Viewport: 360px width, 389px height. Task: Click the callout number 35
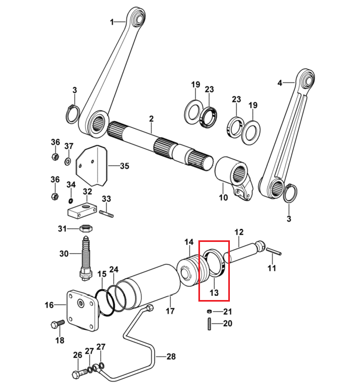tap(125, 166)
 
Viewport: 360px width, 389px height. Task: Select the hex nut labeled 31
tap(86, 228)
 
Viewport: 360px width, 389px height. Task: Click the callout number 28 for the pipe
tap(171, 356)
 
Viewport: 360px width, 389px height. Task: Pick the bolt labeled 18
tap(58, 324)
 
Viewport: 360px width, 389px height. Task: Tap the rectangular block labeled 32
tap(82, 210)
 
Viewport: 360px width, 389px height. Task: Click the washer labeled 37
tap(67, 162)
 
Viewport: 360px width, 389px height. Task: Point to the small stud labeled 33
tap(107, 214)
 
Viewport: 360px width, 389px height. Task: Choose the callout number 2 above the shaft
tap(151, 119)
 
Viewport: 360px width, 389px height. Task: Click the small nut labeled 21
tap(209, 311)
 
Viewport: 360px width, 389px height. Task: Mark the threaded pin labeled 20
tap(209, 323)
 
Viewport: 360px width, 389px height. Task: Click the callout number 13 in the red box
tap(214, 293)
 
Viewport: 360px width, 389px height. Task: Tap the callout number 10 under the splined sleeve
tap(223, 198)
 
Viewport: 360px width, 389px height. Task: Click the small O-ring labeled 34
tap(70, 200)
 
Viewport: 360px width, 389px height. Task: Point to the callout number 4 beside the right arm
tap(280, 83)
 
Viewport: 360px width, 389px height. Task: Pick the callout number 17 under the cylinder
tap(170, 311)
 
